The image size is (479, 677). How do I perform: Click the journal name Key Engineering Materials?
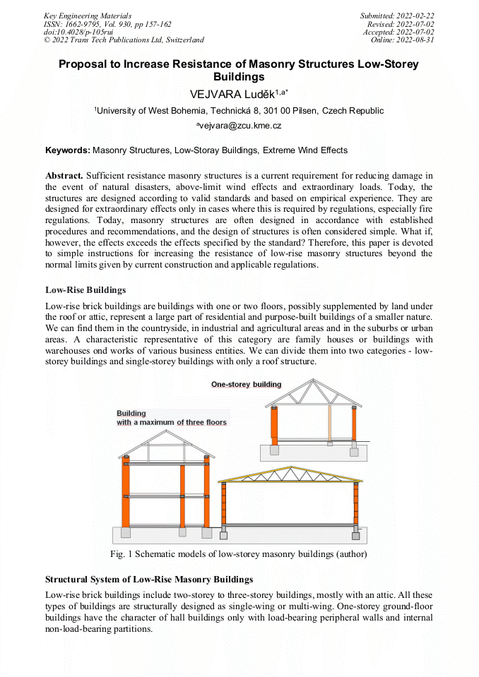(x=87, y=16)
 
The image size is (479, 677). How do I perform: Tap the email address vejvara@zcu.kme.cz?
(x=240, y=126)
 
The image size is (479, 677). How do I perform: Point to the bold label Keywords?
(x=68, y=150)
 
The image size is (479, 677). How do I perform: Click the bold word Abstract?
(x=64, y=174)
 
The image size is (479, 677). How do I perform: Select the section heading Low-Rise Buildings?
(x=85, y=290)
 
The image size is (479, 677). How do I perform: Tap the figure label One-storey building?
(x=246, y=385)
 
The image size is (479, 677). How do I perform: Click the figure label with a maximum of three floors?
(x=172, y=422)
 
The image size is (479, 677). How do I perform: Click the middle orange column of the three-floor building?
(x=182, y=496)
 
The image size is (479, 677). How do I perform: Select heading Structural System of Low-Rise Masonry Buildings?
(x=148, y=580)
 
